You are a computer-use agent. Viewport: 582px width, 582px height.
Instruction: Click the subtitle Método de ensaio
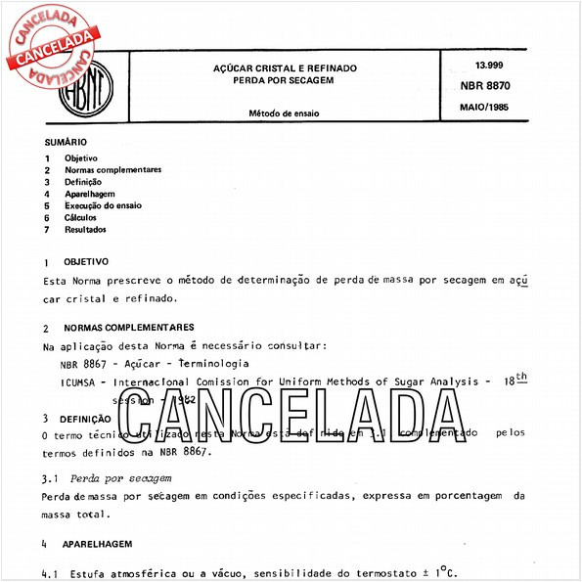[285, 113]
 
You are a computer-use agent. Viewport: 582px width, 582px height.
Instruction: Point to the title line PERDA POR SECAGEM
[285, 79]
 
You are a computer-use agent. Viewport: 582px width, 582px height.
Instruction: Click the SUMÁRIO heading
[65, 142]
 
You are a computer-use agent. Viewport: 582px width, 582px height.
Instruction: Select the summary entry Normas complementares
[112, 169]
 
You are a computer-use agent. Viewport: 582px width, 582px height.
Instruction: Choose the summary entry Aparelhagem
[91, 194]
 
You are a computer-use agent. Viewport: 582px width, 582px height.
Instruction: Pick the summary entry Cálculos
[81, 217]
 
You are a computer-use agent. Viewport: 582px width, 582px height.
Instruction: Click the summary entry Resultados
[85, 230]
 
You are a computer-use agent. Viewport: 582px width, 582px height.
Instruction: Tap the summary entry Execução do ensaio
[103, 205]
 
